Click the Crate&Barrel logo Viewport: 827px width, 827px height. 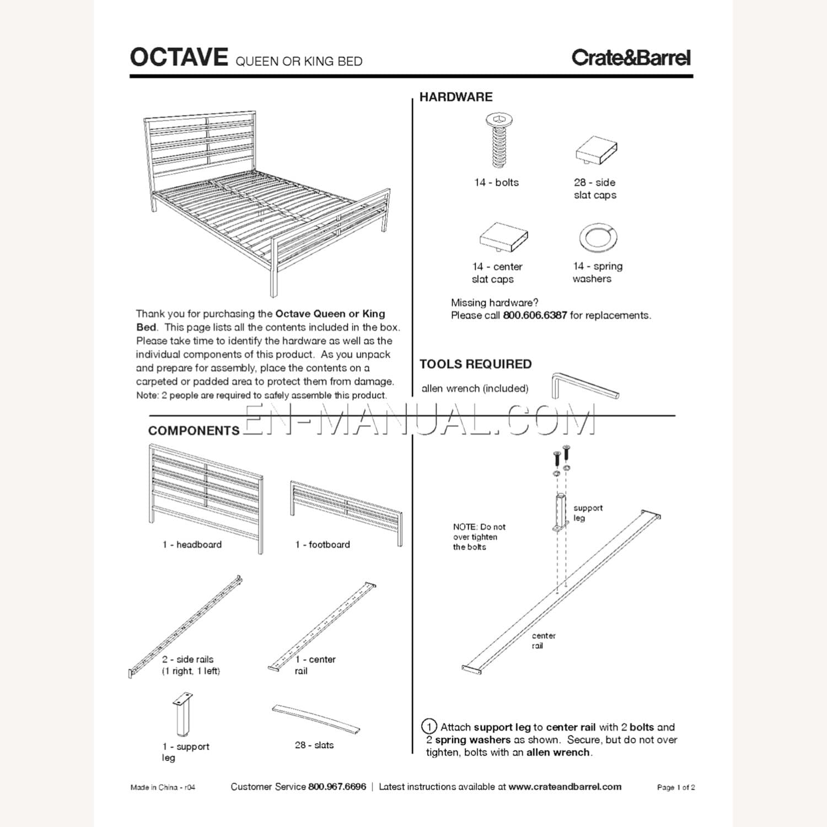631,58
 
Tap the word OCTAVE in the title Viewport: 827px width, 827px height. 179,57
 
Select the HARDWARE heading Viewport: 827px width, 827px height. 456,97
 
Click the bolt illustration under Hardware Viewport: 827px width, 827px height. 499,141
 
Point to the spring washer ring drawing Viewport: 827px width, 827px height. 598,238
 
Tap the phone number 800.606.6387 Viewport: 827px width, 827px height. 535,316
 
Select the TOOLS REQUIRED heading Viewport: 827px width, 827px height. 475,364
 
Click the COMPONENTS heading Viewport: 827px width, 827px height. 194,431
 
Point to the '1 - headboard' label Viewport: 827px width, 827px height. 192,545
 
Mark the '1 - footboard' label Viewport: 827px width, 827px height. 323,545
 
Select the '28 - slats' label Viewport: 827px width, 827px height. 314,745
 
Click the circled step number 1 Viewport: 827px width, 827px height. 429,727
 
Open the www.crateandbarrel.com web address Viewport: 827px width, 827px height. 565,787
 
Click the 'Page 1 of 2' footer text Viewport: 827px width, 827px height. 675,788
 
